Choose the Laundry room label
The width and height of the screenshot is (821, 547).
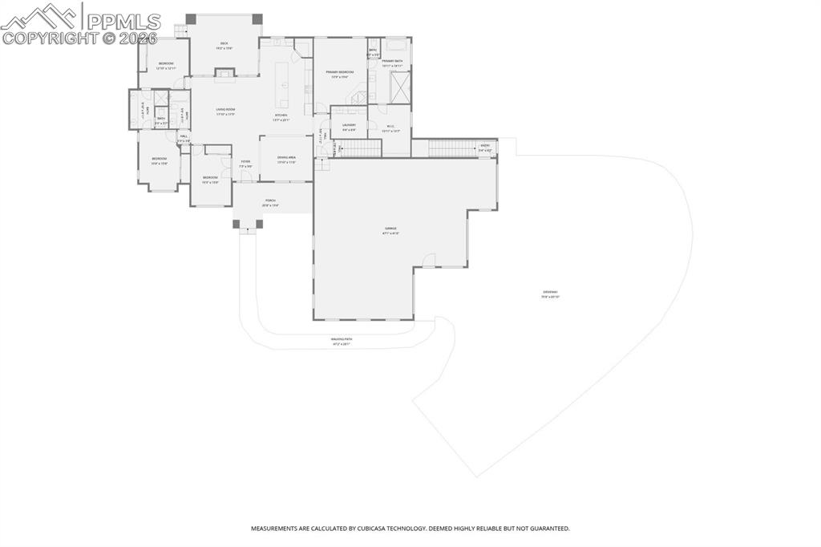click(x=349, y=124)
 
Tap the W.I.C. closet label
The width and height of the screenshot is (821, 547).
click(x=390, y=126)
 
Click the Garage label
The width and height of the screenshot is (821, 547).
click(x=390, y=229)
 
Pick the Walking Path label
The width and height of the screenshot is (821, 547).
click(x=342, y=339)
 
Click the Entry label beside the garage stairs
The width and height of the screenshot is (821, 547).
click(x=485, y=146)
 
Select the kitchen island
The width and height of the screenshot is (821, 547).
click(x=282, y=83)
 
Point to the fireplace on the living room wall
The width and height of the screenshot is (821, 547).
click(x=224, y=75)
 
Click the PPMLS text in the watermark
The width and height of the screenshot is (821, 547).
click(x=124, y=19)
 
